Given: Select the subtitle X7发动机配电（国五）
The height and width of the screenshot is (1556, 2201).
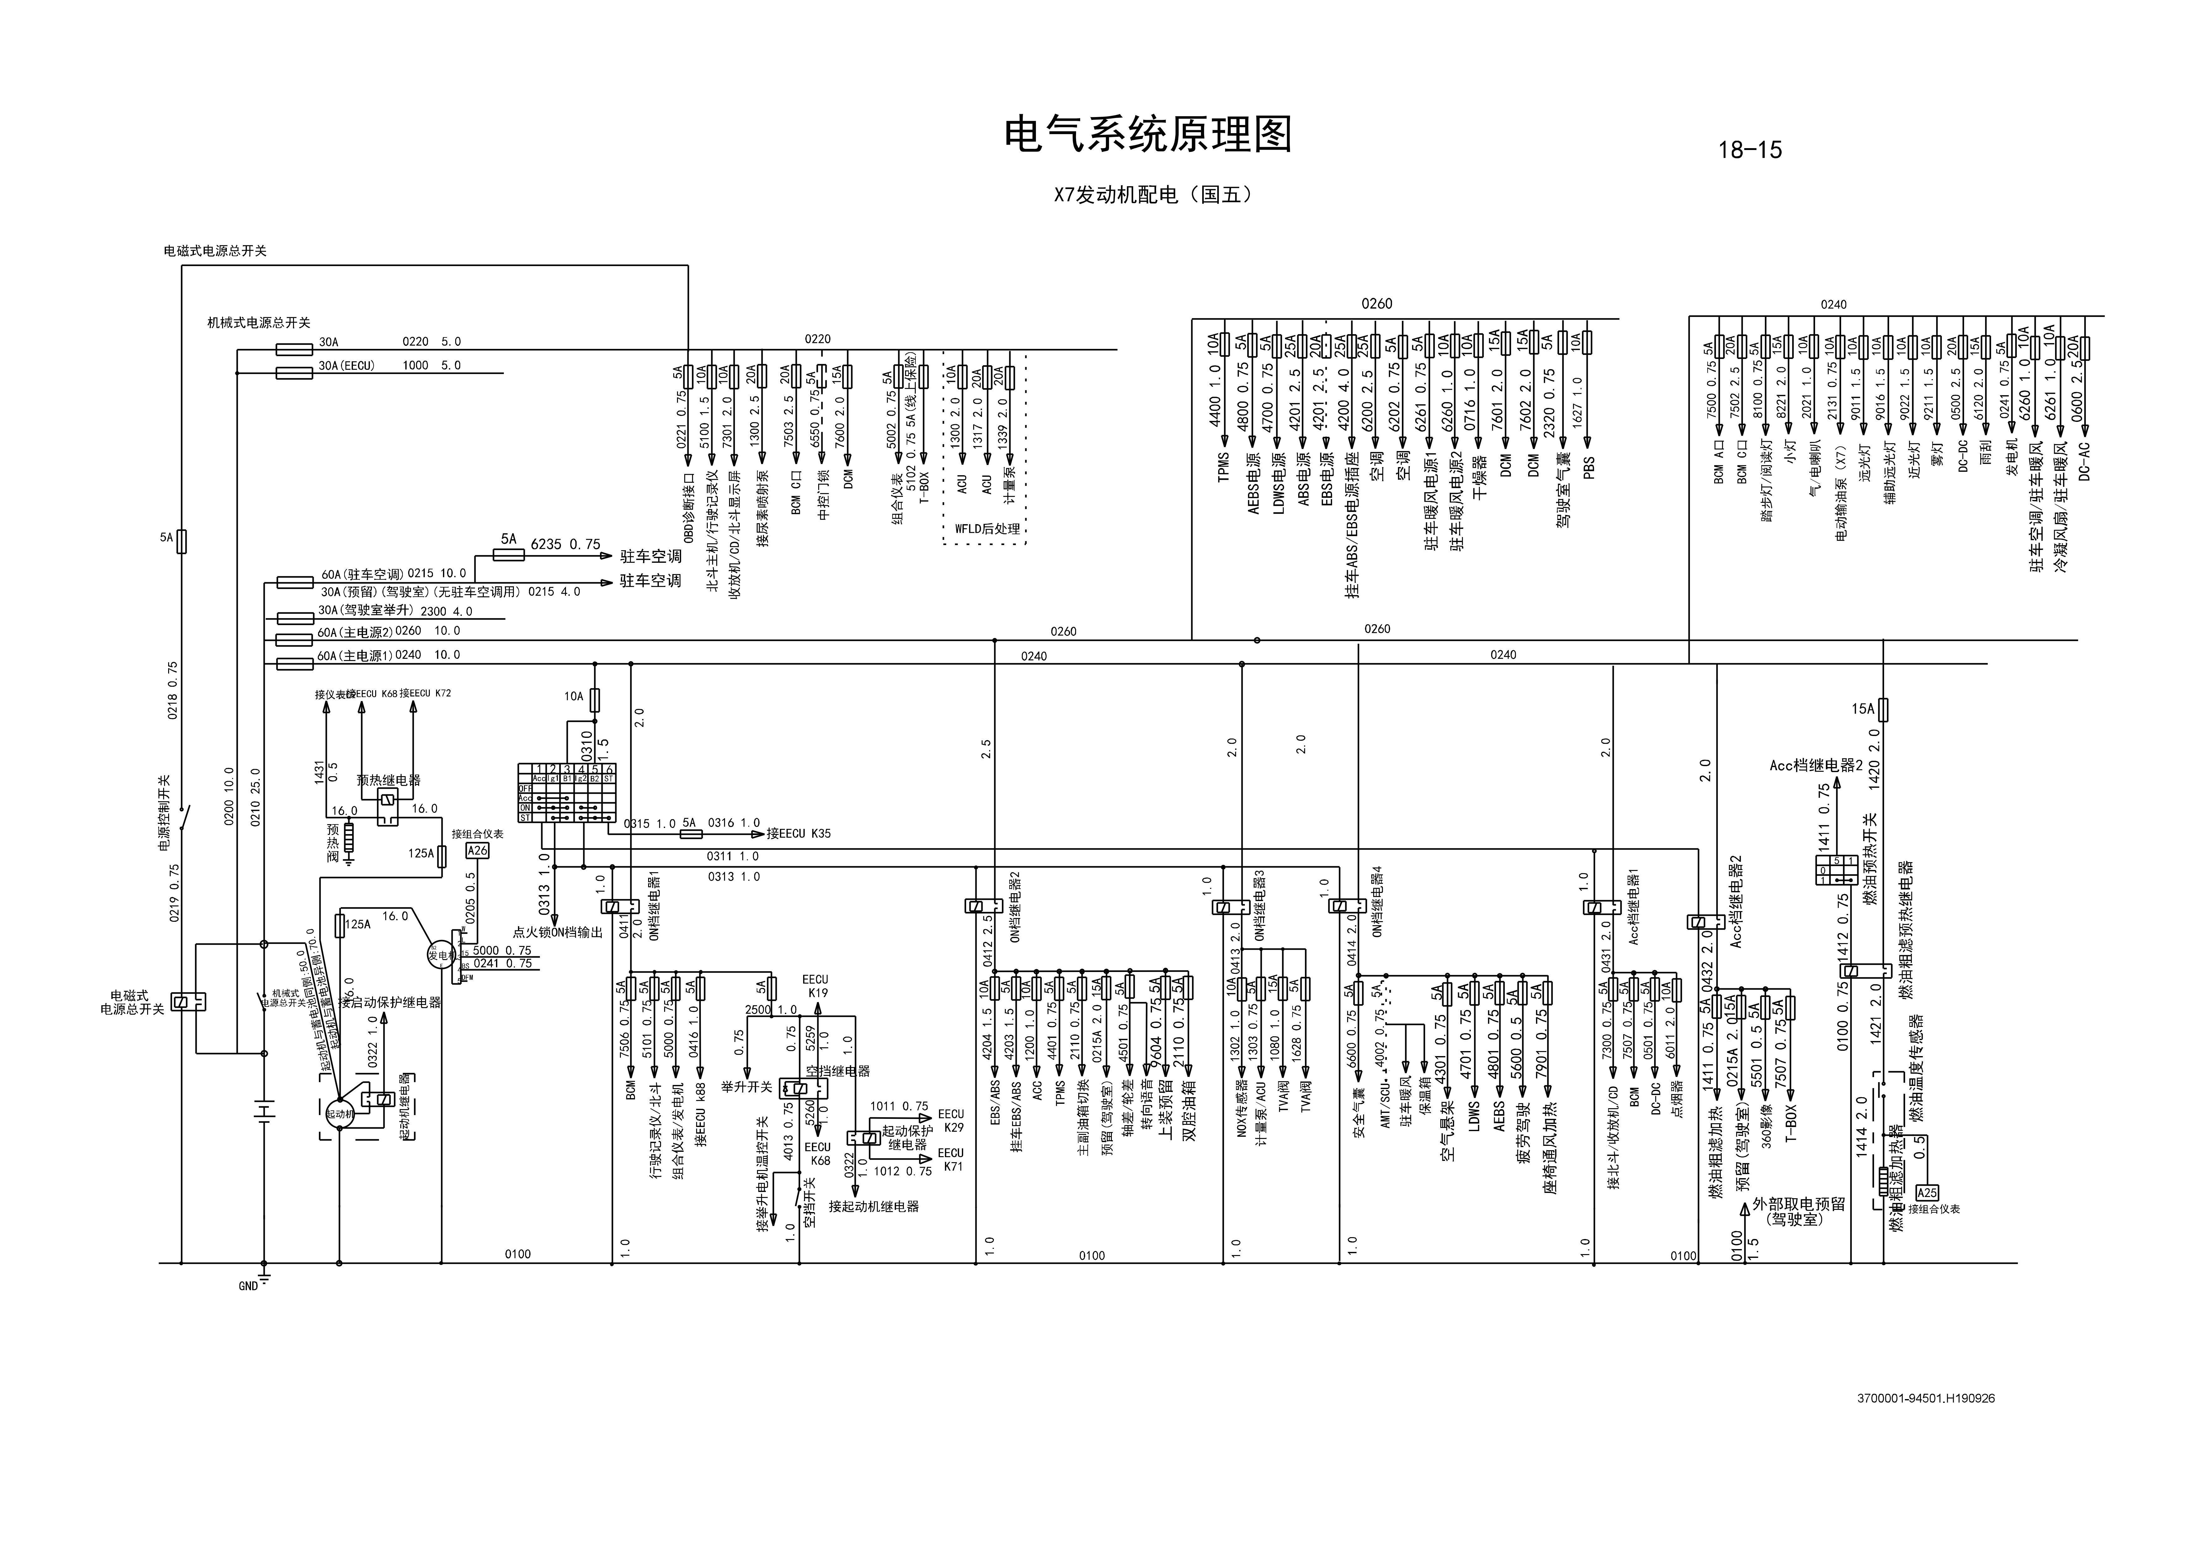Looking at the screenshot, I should [x=1153, y=195].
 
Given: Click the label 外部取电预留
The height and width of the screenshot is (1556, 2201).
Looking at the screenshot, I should [x=1799, y=1204].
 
